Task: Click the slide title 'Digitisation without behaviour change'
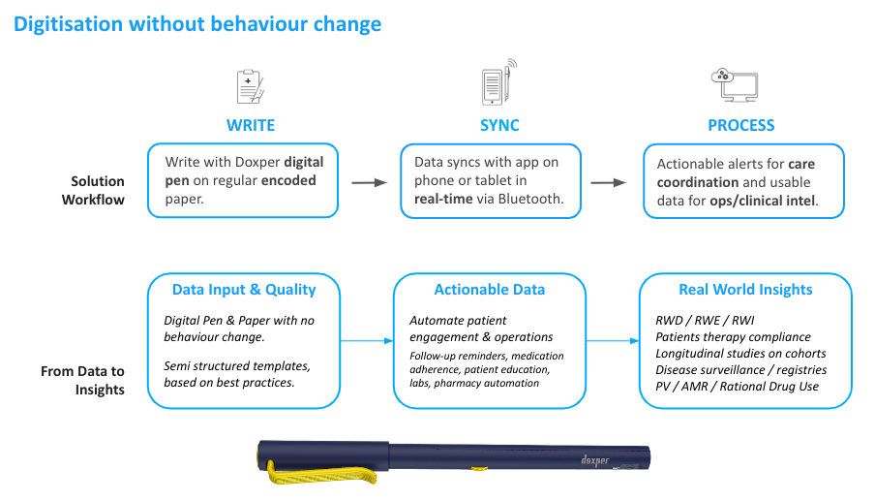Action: [x=196, y=24]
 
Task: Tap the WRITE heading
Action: [x=251, y=125]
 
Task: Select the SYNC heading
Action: [x=499, y=125]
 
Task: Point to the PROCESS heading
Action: [x=741, y=125]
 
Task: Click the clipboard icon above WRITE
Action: [x=251, y=85]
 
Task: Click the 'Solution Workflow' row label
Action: [x=97, y=190]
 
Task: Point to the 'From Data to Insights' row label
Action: [x=84, y=380]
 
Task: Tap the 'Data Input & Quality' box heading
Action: [x=244, y=289]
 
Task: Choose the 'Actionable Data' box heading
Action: [x=490, y=289]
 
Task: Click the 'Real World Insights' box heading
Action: [x=745, y=289]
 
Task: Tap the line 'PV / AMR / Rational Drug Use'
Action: [x=737, y=387]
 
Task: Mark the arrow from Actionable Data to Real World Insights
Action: [x=612, y=341]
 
